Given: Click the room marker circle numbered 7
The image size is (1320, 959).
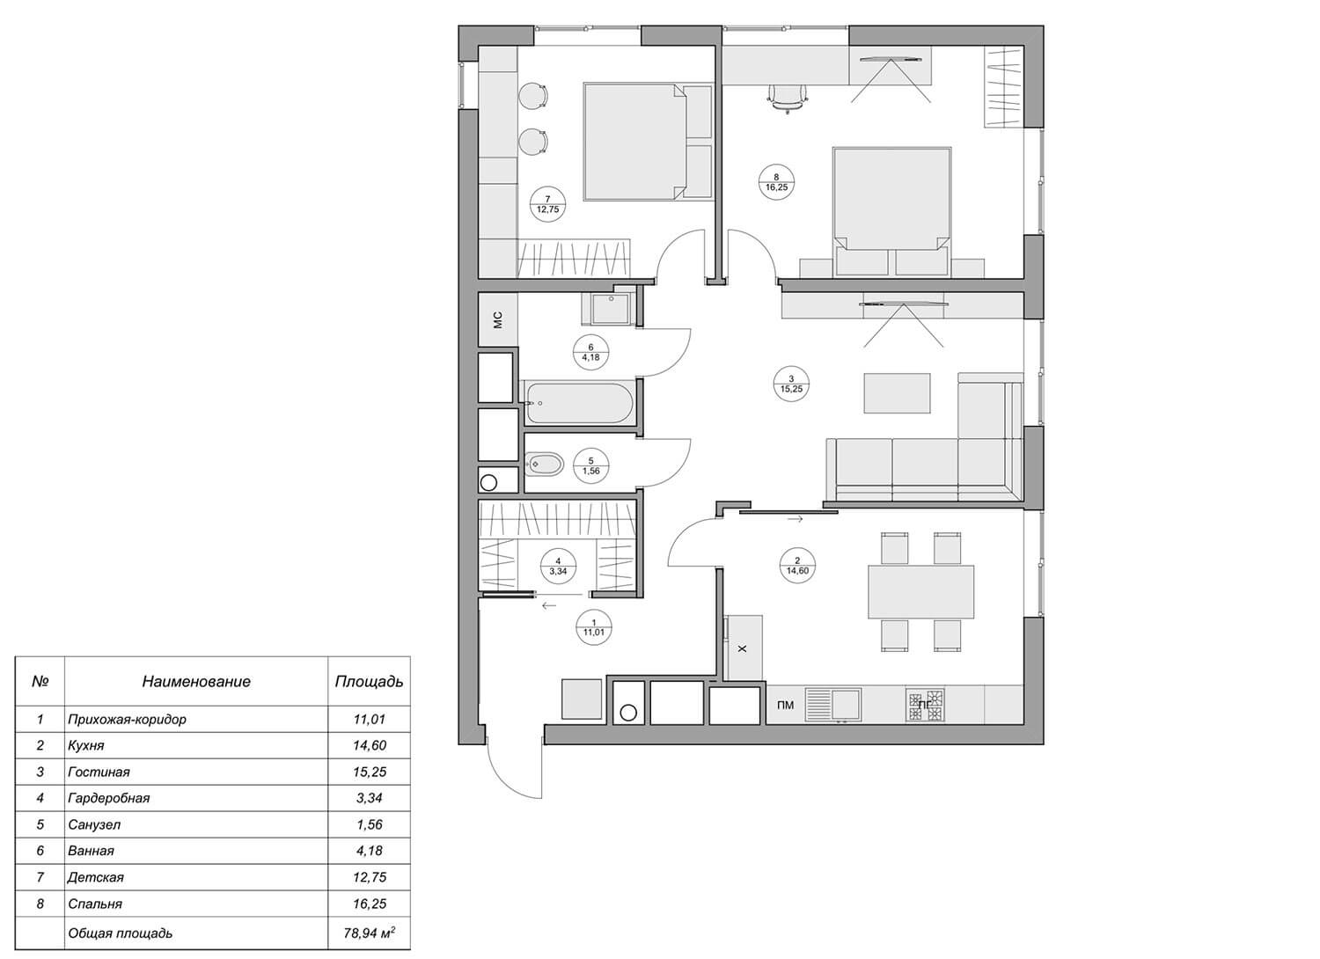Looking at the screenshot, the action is coord(548,204).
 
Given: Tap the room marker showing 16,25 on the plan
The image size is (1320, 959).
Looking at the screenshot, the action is coord(776,181).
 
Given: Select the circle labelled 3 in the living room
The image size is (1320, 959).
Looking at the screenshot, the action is coord(791,384).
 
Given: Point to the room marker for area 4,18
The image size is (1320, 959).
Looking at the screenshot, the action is coord(590,352).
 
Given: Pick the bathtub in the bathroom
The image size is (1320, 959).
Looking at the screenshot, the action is coord(579,404).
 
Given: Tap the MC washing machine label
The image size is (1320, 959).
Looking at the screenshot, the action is coord(498,320).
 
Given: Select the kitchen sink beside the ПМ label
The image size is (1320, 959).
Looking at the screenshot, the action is coord(833,705).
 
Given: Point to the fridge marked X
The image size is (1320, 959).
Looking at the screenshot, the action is coord(743,648).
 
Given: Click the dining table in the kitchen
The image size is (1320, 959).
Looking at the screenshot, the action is coord(921,592).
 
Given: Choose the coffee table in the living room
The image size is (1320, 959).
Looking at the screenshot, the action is coord(898,393).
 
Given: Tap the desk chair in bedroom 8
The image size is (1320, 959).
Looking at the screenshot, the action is coord(788,99).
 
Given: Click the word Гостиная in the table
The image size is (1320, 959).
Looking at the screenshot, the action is coord(99,772).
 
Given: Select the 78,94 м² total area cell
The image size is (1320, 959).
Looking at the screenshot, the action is coord(369,933).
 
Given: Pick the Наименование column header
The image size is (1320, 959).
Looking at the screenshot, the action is coord(196,682).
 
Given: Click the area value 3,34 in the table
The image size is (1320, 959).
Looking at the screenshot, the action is coord(370,798).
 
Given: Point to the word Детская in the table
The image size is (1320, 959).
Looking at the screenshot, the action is coord(95,877).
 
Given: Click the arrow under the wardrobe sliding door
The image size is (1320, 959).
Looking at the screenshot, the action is coord(548,605).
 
